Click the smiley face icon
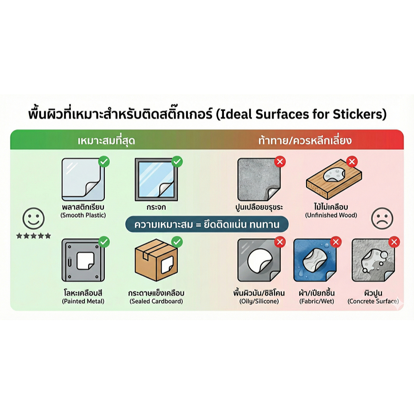[x=33, y=219]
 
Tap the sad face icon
[x=382, y=219]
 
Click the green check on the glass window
[x=177, y=161]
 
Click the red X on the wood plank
[x=352, y=161]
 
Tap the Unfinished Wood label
[x=331, y=215]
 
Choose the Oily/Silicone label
[x=259, y=301]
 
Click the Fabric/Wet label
[x=316, y=301]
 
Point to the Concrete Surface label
[x=373, y=301]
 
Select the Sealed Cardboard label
[x=156, y=301]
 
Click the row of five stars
[x=33, y=236]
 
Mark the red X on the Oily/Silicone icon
[x=280, y=242]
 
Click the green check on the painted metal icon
[x=104, y=242]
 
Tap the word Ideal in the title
[x=237, y=114]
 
